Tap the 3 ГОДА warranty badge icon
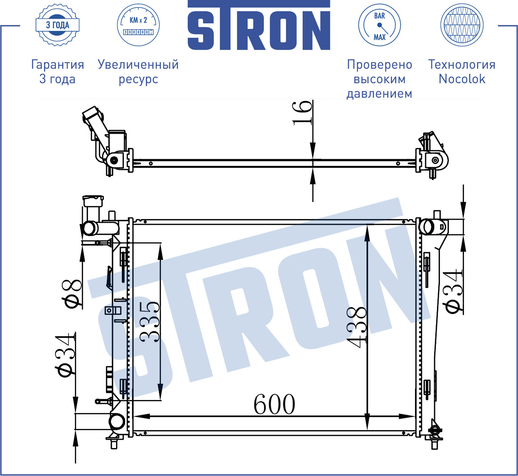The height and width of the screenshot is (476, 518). tap(58, 25)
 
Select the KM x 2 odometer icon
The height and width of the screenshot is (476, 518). tap(138, 25)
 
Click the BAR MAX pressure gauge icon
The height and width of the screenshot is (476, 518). tap(379, 25)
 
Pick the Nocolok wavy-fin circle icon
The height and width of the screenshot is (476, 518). tap(462, 25)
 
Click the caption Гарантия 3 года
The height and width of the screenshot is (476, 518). tap(58, 72)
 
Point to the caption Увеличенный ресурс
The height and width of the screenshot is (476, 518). tap(138, 72)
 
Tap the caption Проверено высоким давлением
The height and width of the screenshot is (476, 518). tap(379, 79)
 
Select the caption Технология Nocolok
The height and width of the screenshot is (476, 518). tap(462, 72)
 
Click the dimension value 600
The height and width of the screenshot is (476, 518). tap(274, 404)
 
